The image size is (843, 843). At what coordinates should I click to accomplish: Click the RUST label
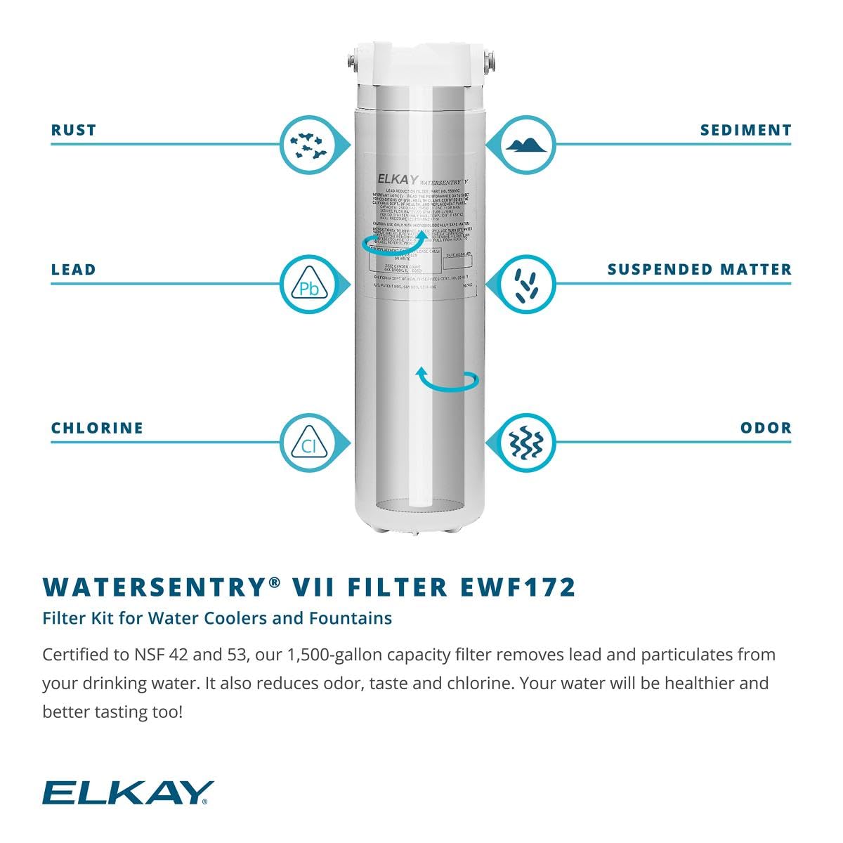pos(73,130)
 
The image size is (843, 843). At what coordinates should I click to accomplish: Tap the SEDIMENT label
pos(745,130)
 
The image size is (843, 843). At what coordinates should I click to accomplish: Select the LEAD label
pos(73,270)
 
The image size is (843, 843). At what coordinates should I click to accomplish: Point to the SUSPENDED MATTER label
pos(699,270)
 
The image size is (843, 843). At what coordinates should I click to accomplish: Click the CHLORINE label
pos(97,428)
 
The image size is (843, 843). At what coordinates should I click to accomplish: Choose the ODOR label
pos(766,428)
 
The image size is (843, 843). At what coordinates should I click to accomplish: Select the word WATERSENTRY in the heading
pos(155,587)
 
